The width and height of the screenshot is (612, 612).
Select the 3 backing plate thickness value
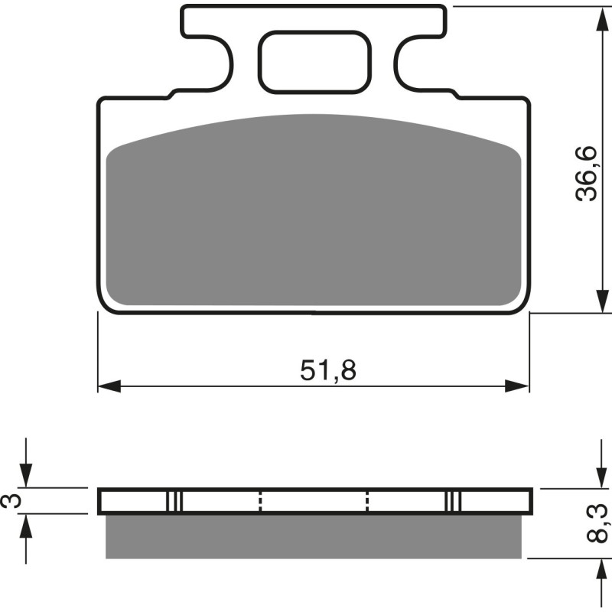point(10,501)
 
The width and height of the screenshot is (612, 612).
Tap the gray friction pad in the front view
point(314,214)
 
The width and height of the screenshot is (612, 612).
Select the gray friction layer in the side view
point(314,535)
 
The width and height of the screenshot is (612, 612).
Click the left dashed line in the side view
point(261,501)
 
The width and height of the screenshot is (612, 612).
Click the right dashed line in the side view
point(368,501)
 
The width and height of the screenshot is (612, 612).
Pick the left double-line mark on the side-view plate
point(175,501)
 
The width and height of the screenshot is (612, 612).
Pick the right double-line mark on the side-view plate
point(454,501)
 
